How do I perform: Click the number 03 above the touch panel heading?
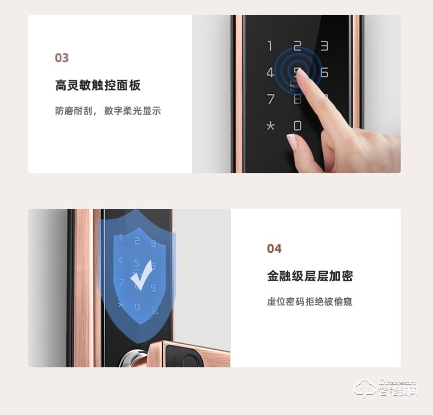point(61,58)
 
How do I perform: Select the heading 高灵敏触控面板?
point(98,86)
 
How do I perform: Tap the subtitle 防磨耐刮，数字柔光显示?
point(108,111)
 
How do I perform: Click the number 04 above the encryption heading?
point(274,249)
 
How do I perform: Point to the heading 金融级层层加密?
point(310,276)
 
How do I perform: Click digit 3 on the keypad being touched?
point(324,46)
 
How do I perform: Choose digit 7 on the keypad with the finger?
point(270,99)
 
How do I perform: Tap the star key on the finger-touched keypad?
point(270,126)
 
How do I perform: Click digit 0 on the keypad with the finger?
point(297,126)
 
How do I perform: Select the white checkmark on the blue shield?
point(141,280)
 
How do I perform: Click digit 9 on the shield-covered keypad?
point(153,287)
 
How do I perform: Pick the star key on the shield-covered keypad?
point(121,306)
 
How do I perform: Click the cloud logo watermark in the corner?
point(364,389)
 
